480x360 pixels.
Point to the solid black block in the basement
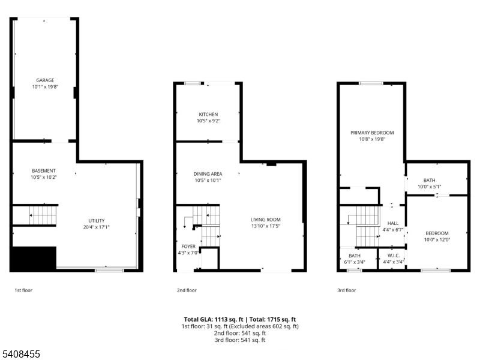point(34,258)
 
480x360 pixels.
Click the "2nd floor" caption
point(187,290)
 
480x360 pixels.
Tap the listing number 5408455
point(21,355)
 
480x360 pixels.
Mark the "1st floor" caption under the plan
point(23,290)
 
